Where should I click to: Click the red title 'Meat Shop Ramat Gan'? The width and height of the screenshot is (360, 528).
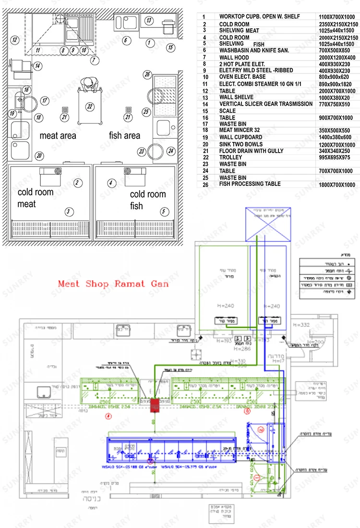click(113, 284)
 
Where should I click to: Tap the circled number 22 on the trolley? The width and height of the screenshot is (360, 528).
click(89, 106)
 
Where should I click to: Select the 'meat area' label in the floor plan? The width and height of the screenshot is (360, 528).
click(58, 136)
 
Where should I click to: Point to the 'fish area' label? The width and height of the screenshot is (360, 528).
click(125, 136)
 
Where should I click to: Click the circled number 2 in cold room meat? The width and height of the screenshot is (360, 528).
click(76, 182)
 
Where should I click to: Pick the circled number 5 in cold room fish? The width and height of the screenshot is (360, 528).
click(164, 211)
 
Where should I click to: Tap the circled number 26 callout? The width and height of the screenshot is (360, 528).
click(147, 74)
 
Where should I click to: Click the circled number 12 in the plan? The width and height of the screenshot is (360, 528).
click(15, 40)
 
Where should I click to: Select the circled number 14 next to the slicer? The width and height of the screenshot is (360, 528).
click(37, 66)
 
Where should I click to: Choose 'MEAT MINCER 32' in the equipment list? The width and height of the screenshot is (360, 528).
click(245, 131)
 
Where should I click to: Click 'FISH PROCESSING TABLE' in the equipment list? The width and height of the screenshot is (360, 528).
click(257, 184)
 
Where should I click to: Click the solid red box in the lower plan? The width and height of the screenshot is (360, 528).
click(155, 404)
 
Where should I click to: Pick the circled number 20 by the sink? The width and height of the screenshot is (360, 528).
click(39, 155)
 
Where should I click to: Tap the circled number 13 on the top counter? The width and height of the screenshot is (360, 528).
click(149, 20)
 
